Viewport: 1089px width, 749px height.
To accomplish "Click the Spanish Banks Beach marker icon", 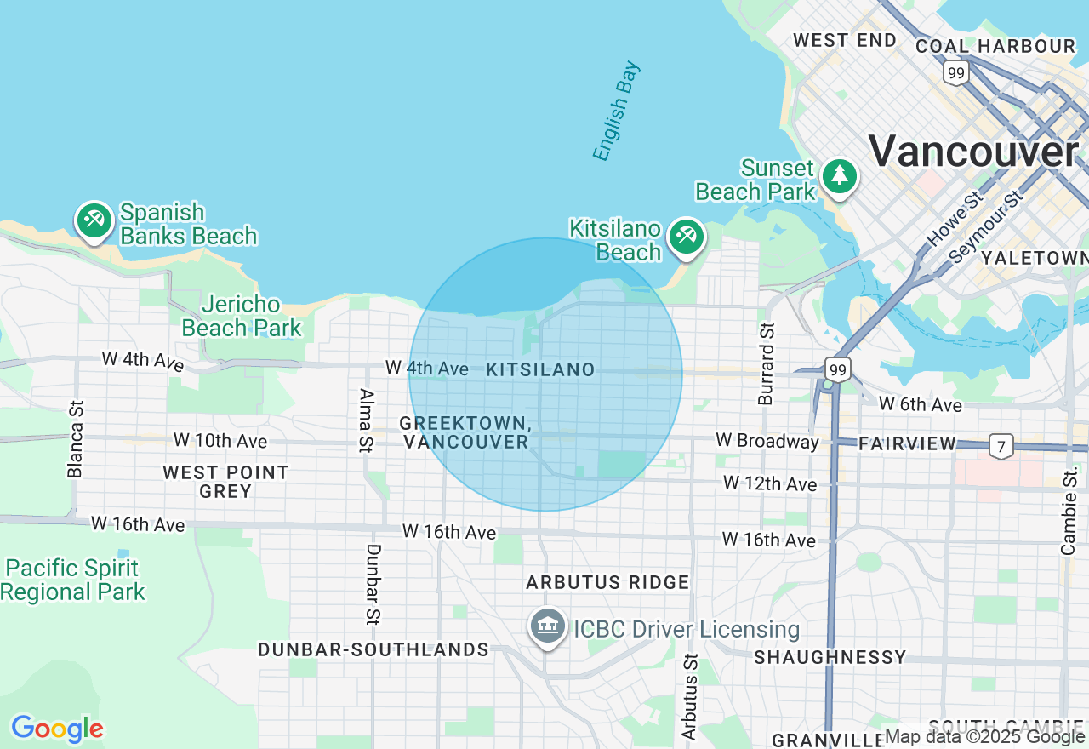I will [x=94, y=221].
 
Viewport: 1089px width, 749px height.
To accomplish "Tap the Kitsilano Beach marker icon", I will [x=686, y=236].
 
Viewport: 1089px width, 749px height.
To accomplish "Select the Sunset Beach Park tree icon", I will [x=840, y=176].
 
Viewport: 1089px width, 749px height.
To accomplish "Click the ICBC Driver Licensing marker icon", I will [x=548, y=627].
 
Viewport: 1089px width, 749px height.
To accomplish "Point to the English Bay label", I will [x=616, y=111].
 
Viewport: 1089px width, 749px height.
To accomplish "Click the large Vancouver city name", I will [x=973, y=152].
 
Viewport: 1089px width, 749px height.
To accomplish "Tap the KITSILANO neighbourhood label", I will [x=540, y=369].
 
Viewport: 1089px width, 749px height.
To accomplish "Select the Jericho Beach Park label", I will [x=242, y=316].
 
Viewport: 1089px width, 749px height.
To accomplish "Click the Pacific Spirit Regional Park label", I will [x=73, y=580].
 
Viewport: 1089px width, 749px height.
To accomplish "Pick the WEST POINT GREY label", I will [x=226, y=482].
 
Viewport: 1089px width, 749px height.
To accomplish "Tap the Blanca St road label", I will [x=77, y=439].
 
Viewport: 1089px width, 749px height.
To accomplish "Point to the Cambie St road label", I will [x=1069, y=512].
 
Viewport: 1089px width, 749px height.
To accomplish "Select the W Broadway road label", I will [x=767, y=441].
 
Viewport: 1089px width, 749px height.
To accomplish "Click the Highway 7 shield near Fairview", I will [x=1001, y=444].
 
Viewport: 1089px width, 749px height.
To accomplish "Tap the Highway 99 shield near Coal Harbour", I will [x=955, y=73].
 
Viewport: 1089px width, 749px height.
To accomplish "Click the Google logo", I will [x=57, y=729].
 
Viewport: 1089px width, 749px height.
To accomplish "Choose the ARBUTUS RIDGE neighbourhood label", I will [x=607, y=582].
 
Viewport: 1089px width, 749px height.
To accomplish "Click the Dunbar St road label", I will [x=373, y=585].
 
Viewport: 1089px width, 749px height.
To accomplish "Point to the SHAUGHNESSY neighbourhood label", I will [x=830, y=657].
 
